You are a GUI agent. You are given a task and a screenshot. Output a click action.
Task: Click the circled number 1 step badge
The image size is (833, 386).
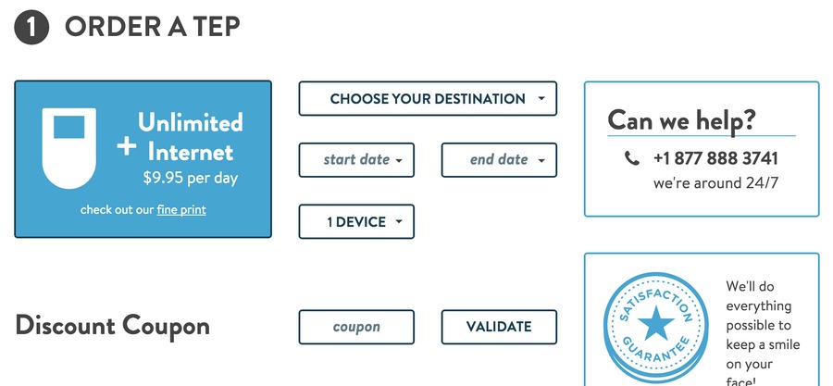coord(31,28)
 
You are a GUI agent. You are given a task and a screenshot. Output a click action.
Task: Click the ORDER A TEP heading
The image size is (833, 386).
coord(153,27)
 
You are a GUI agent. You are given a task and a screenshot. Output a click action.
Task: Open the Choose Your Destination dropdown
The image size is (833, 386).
coord(428,98)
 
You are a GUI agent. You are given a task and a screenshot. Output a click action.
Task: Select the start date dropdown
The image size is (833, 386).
coord(356,160)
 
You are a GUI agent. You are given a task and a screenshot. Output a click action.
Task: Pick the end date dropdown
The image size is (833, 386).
coord(499,160)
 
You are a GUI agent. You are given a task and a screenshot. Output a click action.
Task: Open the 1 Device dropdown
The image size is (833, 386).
coord(356,221)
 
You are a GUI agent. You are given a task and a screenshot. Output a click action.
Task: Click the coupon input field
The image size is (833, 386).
coord(356,327)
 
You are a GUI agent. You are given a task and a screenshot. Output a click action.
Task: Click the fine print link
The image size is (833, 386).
coord(181,210)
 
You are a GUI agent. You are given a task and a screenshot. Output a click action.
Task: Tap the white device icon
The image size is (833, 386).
coord(69,148)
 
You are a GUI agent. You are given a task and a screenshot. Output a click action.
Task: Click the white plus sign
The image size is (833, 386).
coord(127,146)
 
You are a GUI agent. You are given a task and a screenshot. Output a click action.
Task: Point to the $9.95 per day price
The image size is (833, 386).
coord(190,178)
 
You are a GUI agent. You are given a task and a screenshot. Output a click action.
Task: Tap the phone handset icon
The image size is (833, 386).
coord(631,158)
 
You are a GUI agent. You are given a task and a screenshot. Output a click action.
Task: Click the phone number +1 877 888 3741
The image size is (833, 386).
coord(715,158)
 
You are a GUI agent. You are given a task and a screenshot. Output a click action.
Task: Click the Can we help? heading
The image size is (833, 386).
coord(681,120)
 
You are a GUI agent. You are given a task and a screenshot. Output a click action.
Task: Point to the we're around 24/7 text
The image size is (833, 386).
coord(715,183)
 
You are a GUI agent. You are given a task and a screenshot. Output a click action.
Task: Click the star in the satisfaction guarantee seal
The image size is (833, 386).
coord(656,322)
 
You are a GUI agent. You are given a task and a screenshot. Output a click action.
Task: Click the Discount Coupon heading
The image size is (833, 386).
coord(113,326)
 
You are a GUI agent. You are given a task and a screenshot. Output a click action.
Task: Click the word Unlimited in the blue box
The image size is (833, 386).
coord(190,122)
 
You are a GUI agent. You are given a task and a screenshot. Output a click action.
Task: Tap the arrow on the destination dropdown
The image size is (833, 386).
coord(541,98)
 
